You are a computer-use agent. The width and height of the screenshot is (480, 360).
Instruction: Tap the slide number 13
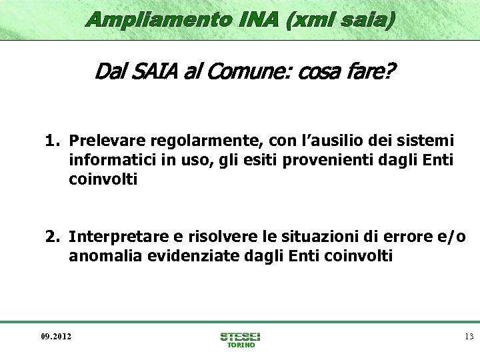469,336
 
